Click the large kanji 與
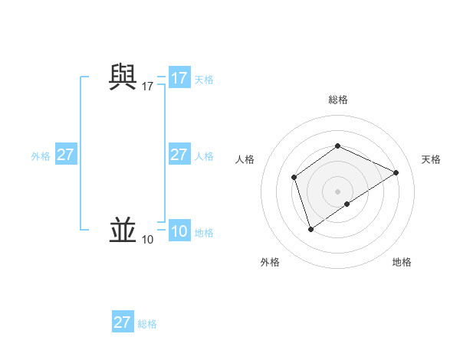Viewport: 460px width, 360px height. pos(123,77)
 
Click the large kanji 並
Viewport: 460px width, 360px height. pos(123,230)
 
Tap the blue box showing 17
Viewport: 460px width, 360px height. pos(179,78)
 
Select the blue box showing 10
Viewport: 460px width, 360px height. pos(179,231)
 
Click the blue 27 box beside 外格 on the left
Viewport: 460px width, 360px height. pos(66,155)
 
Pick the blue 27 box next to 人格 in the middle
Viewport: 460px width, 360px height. pos(179,155)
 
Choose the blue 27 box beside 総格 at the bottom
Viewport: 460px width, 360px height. pos(123,322)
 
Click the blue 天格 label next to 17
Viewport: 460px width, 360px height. pos(204,79)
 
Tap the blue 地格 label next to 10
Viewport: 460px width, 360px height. pos(204,233)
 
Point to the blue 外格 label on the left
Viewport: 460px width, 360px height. pos(41,156)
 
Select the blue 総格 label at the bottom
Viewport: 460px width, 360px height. pos(147,324)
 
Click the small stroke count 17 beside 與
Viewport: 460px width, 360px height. pos(148,87)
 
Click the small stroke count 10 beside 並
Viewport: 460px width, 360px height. pos(148,240)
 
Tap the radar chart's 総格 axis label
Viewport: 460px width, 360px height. pos(338,100)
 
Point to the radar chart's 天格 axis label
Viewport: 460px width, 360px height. pos(431,159)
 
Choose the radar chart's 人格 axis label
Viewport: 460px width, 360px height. pos(245,159)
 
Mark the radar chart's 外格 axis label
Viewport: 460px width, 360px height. pos(270,262)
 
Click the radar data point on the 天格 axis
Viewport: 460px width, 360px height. pos(396,173)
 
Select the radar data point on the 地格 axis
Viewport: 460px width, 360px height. pos(347,204)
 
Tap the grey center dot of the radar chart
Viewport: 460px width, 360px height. pos(338,191)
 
